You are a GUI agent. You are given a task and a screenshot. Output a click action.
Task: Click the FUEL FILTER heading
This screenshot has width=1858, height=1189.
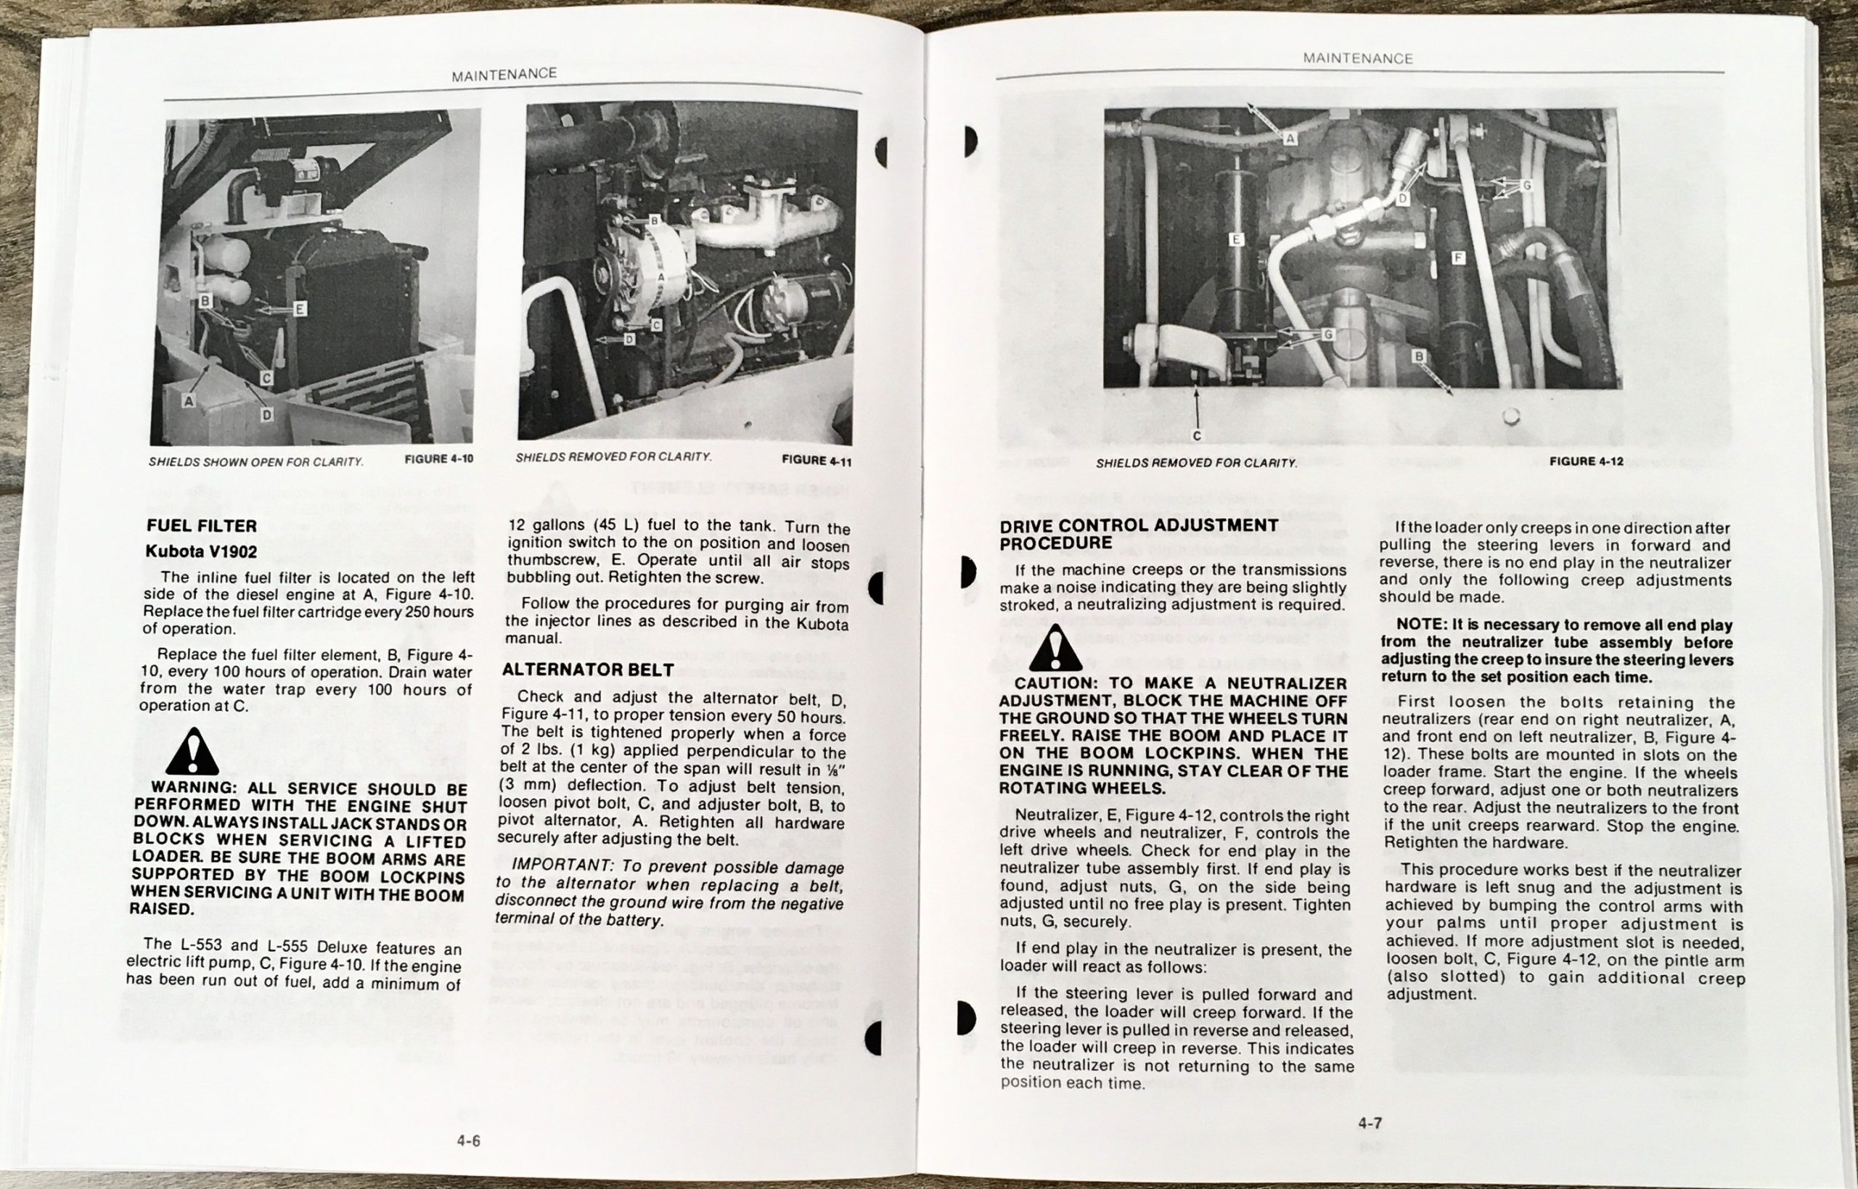(202, 526)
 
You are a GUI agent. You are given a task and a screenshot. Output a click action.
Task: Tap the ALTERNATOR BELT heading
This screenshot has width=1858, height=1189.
(588, 670)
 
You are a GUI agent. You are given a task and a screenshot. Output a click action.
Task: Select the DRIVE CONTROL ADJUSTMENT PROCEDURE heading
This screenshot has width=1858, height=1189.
(1139, 533)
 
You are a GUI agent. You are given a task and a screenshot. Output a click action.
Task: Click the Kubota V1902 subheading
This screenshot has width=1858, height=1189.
(202, 551)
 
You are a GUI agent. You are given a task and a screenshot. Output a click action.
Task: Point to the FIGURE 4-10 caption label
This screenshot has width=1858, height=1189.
(438, 458)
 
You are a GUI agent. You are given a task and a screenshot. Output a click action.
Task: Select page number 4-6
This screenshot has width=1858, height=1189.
(468, 1140)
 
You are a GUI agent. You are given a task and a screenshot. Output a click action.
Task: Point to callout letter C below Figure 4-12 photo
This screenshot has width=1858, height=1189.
(1196, 436)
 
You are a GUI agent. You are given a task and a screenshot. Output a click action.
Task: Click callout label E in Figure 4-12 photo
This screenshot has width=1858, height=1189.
(1235, 240)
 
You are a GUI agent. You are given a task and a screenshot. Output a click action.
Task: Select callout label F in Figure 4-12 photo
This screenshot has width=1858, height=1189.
(1457, 258)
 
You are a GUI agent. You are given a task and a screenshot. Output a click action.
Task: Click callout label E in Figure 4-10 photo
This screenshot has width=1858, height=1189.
(300, 310)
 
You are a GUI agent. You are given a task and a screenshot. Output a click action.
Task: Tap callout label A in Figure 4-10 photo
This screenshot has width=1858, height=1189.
(189, 400)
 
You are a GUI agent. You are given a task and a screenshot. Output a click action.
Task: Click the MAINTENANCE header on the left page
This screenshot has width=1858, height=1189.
(504, 74)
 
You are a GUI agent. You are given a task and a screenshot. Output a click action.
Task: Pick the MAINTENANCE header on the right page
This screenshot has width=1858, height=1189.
(1358, 59)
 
